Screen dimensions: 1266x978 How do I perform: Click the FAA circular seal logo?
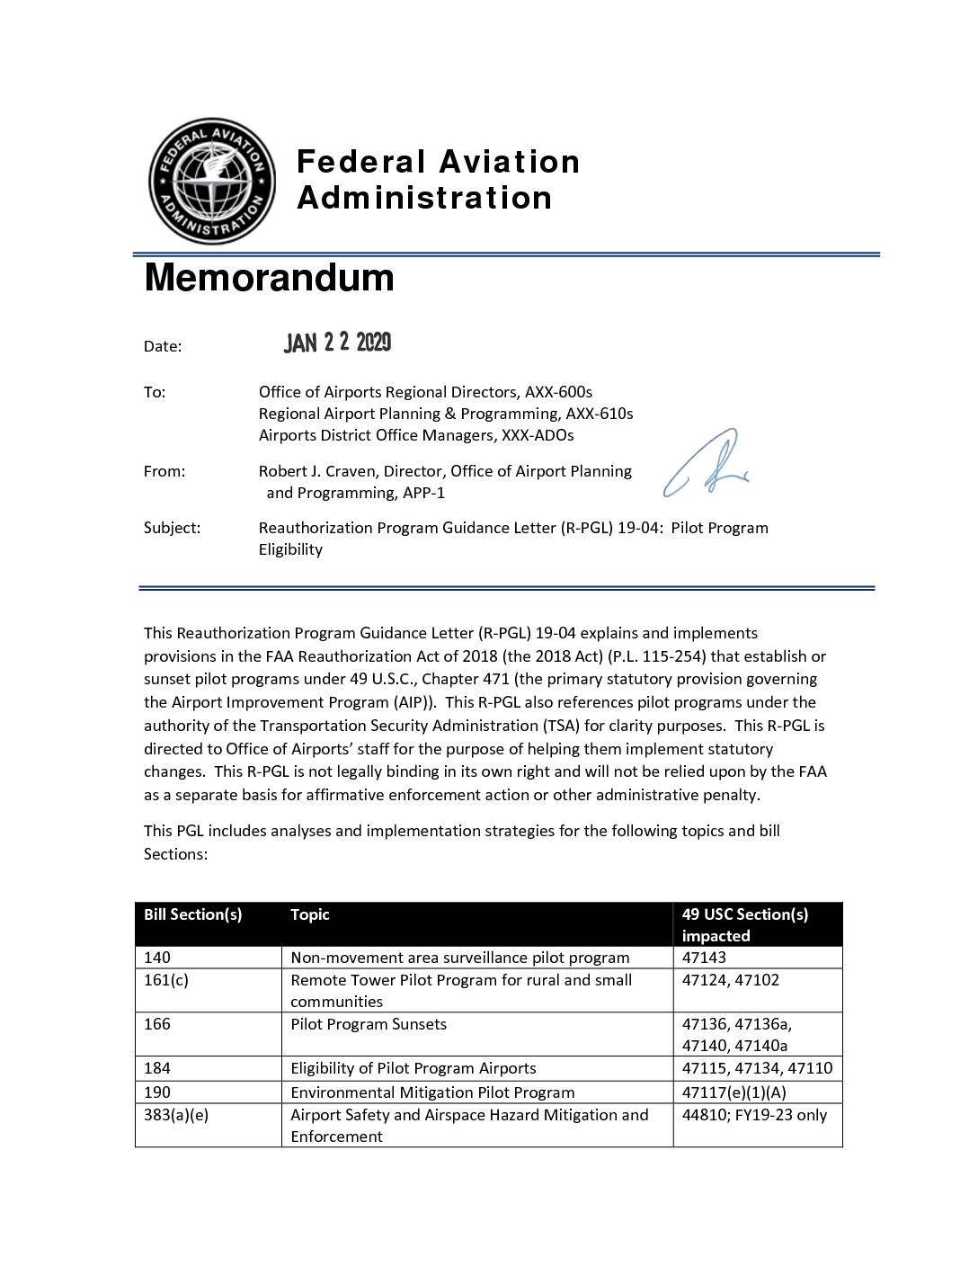point(212,181)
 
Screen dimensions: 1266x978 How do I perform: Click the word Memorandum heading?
point(269,277)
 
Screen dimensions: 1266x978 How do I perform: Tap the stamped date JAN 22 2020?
point(337,343)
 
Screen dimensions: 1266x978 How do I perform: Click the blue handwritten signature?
point(707,464)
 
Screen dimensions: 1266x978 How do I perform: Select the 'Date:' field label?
point(163,346)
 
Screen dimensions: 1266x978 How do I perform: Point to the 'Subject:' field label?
point(172,528)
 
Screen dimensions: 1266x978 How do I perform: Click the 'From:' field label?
point(164,471)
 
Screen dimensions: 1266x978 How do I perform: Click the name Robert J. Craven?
point(316,471)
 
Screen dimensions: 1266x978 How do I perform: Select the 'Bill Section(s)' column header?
point(193,914)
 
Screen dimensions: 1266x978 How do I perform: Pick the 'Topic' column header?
point(310,914)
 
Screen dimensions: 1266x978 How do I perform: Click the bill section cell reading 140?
point(157,958)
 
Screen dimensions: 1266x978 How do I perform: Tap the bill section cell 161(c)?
point(166,980)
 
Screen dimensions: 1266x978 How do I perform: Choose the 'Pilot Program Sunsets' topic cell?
point(369,1024)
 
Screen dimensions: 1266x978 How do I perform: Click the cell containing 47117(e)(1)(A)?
point(734,1092)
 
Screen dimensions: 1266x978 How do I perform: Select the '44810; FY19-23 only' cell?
point(754,1115)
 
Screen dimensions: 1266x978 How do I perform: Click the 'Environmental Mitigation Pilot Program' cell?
point(432,1092)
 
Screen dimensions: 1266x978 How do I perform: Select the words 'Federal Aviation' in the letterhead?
point(439,162)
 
